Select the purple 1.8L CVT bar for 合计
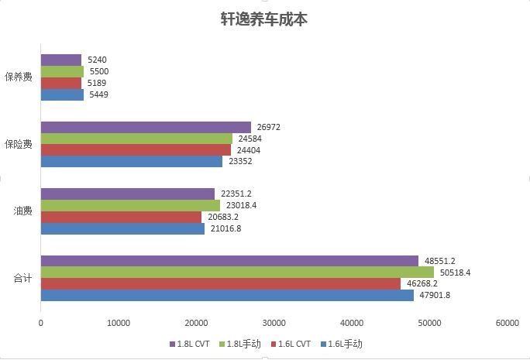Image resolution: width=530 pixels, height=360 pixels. coord(229,261)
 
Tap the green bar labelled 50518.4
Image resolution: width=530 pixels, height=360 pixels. coord(237,273)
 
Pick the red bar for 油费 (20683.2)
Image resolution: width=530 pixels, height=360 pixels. coord(121,217)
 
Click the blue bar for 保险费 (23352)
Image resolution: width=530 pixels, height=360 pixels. coord(131,161)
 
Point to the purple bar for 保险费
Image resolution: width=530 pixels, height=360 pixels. coord(146,127)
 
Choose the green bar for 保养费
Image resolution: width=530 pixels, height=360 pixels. coord(62,71)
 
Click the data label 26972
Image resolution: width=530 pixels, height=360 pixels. coord(268,127)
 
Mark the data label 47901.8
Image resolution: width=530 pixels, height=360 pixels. coord(434,295)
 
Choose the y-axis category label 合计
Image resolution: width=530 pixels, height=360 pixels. coord(22,277)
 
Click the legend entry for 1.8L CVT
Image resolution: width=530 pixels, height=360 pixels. coord(190,344)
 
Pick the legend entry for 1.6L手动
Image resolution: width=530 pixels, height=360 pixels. coord(340,344)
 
